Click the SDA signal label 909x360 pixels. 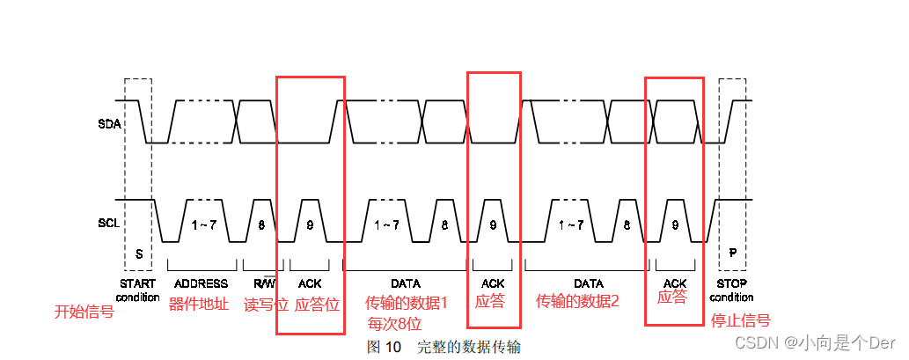click(x=109, y=124)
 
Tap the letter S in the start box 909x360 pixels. click(x=138, y=253)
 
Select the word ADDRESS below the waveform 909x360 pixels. click(x=201, y=283)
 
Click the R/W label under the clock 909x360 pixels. click(x=263, y=283)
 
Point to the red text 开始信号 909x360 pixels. click(x=84, y=312)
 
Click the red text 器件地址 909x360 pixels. click(x=199, y=303)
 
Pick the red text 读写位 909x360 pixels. click(x=266, y=305)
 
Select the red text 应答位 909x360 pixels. click(x=317, y=305)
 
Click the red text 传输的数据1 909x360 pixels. click(x=407, y=303)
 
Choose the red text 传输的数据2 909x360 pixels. click(x=578, y=301)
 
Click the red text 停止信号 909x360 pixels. click(x=740, y=320)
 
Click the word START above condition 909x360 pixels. click(x=136, y=283)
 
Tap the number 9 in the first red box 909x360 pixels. click(x=310, y=224)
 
